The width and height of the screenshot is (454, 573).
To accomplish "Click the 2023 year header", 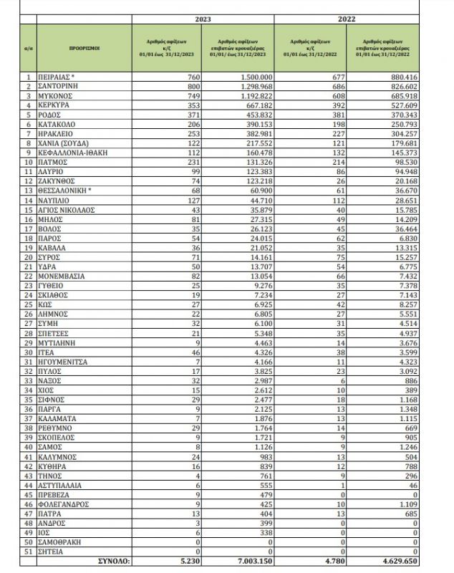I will [203, 19].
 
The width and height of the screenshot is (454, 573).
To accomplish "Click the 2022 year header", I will [348, 19].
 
